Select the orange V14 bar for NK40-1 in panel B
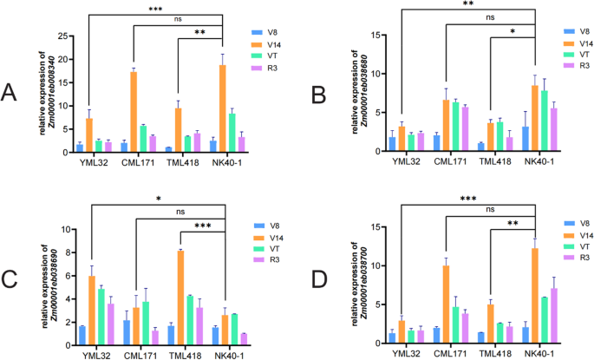[535, 118]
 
